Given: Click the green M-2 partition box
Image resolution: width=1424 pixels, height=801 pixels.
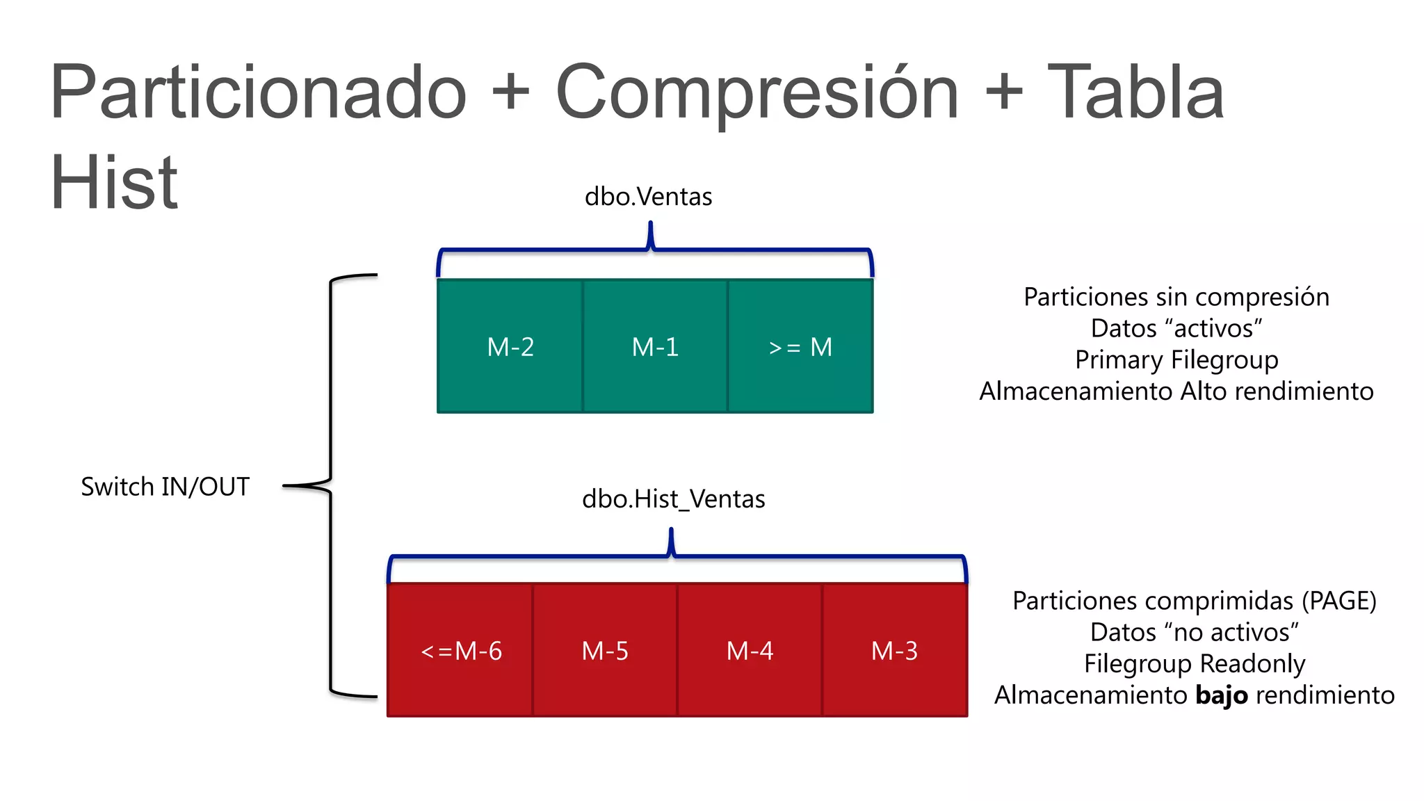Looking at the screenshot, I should tap(510, 346).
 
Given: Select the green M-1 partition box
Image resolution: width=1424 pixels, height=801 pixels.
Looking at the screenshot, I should tap(655, 346).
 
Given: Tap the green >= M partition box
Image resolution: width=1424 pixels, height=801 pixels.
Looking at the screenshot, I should tap(800, 346).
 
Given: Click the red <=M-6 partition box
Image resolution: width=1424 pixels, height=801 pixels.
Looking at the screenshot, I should tap(460, 651).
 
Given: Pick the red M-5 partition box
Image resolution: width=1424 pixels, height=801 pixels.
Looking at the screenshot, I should tap(605, 651).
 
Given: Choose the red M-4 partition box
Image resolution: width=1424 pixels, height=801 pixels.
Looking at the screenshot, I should tap(750, 651).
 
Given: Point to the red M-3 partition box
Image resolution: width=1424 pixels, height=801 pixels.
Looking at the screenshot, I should tap(895, 651).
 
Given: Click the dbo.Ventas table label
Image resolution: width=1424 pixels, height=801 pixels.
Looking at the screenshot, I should tap(648, 197).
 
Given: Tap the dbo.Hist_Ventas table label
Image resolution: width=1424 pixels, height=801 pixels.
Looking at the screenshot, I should tap(673, 499).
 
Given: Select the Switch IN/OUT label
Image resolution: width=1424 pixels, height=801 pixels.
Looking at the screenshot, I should tap(165, 487).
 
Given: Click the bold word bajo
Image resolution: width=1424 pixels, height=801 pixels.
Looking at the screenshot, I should tap(1221, 695).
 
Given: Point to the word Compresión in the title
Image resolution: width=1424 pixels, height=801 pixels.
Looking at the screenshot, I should tap(756, 92).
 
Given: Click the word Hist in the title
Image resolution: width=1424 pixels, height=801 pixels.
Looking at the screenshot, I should tap(114, 182).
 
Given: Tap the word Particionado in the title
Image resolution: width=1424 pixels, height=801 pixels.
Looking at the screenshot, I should tap(259, 92).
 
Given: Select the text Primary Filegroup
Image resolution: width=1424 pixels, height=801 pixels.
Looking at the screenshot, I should tap(1176, 360).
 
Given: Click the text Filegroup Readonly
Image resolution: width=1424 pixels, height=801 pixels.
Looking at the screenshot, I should tap(1195, 664).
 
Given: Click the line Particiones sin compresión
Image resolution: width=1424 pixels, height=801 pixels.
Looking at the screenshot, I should tap(1176, 297).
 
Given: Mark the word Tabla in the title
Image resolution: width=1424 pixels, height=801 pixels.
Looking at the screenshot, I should tap(1135, 92).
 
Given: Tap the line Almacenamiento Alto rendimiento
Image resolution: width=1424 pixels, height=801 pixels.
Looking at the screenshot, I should tap(1176, 391).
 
